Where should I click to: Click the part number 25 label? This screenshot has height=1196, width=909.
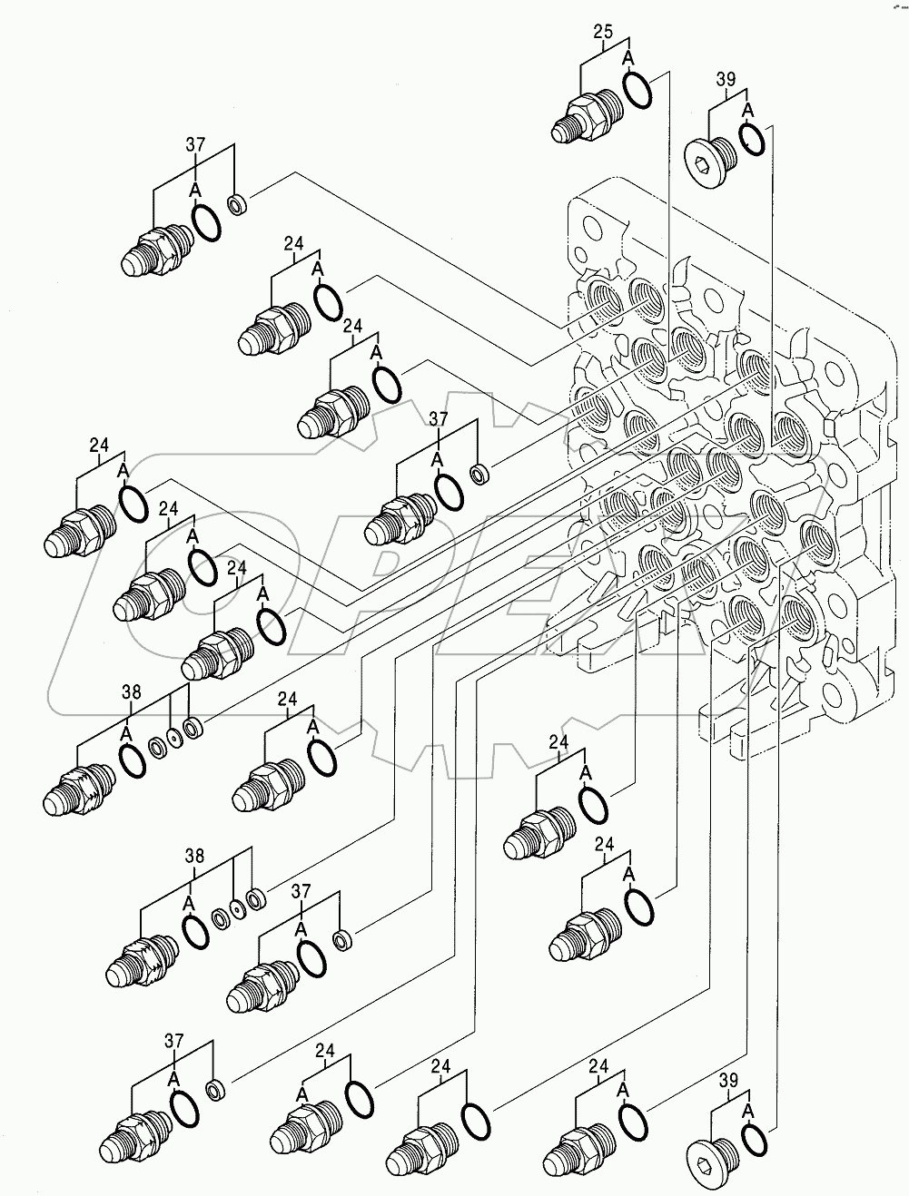point(603,33)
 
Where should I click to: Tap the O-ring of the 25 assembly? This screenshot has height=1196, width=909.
point(637,90)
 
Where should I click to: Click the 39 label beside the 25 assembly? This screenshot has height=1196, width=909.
point(725,80)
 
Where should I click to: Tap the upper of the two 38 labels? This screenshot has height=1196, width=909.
point(132,692)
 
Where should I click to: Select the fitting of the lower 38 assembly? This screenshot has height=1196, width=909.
point(141,961)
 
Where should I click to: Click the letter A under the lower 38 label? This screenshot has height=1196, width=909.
point(188,902)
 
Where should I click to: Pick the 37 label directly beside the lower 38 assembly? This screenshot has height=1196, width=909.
point(301,892)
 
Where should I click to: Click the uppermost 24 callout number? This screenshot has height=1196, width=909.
point(293,243)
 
